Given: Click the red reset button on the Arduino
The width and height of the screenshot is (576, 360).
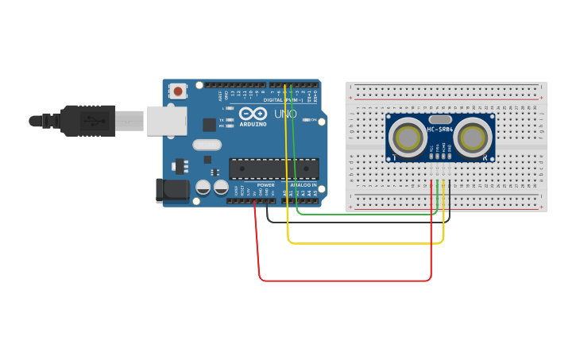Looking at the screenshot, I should point(178,91).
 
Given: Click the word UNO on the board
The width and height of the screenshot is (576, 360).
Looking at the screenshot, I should point(285,114).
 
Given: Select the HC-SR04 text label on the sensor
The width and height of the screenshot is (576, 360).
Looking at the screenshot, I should point(439,130).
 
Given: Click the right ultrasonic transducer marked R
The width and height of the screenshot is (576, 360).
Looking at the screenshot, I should point(473,137).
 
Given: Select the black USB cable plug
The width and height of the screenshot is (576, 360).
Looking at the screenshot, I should point(87,121).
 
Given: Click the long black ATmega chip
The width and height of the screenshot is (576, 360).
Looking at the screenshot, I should point(274,168).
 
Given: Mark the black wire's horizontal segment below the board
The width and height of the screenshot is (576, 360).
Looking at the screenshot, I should point(358,222).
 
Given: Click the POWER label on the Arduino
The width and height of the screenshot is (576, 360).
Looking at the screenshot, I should point(265,185).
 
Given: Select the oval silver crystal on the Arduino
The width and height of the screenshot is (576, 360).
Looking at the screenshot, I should point(207,145).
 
